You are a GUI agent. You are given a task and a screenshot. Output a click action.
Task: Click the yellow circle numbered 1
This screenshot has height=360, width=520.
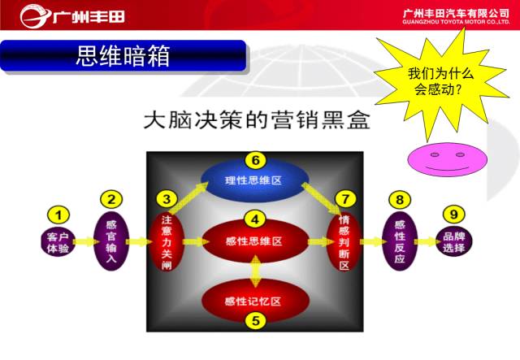click(x=58, y=215)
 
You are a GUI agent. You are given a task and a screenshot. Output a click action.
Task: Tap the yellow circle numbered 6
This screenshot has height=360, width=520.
click(x=256, y=160)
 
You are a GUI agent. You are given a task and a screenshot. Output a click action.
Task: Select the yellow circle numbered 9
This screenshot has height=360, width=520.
click(x=453, y=214)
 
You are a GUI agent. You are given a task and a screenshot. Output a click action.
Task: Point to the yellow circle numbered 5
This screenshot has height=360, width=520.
click(x=256, y=321)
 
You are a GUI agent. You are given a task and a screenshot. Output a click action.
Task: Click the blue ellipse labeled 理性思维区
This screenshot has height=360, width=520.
click(x=254, y=180)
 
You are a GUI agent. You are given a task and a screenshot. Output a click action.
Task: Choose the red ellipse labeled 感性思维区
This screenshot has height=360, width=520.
click(x=254, y=241)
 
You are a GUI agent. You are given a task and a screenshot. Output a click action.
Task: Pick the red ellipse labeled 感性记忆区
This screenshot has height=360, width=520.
click(x=255, y=301)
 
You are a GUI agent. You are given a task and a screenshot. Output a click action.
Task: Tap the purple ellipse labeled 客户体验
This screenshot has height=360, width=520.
click(x=58, y=242)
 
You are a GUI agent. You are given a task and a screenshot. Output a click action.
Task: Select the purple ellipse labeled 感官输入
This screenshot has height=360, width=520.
click(x=111, y=241)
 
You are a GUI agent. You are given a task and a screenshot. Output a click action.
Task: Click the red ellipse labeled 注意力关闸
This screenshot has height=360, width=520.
click(x=167, y=242)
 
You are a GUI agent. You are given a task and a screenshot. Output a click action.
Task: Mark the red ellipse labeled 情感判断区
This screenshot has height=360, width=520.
click(x=344, y=242)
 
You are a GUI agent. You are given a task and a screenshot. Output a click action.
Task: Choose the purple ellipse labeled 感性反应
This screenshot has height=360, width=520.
click(x=400, y=241)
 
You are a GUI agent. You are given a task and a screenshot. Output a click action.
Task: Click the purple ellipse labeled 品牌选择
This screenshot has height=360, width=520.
click(x=453, y=241)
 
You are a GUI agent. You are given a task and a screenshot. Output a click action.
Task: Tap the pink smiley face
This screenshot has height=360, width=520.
click(x=448, y=159)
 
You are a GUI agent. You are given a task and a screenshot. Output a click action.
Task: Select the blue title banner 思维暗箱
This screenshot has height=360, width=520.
click(x=123, y=55)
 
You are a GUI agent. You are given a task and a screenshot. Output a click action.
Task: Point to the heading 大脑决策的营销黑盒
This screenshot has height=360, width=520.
click(x=257, y=119)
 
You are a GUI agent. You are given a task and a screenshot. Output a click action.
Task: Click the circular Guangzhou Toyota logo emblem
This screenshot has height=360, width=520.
click(x=35, y=16)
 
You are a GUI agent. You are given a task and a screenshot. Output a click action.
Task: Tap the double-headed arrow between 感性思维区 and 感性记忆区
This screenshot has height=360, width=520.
click(x=255, y=271)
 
